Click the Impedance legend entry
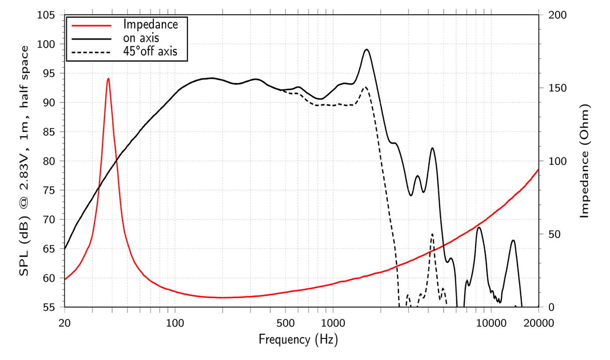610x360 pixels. point(150,24)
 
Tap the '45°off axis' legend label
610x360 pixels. point(150,51)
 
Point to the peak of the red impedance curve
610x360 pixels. point(108,78)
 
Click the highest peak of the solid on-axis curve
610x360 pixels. point(367,49)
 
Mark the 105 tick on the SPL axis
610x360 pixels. point(49,15)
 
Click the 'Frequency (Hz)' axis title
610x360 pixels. point(298,340)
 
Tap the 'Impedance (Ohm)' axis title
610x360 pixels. point(584,161)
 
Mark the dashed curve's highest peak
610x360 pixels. point(365,87)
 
